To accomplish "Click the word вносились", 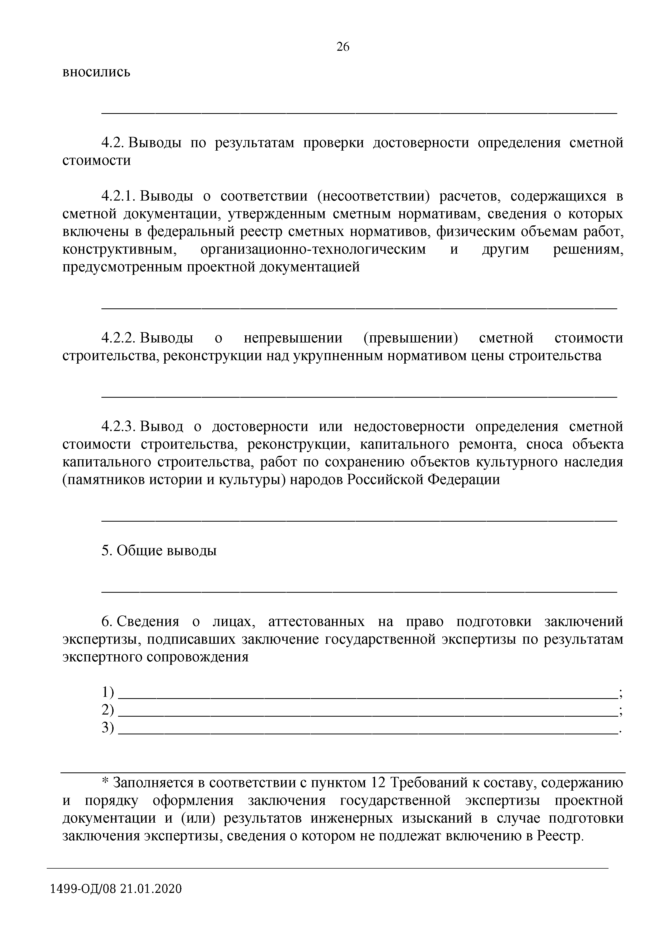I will pos(96,72).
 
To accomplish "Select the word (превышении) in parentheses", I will pos(410,338).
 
